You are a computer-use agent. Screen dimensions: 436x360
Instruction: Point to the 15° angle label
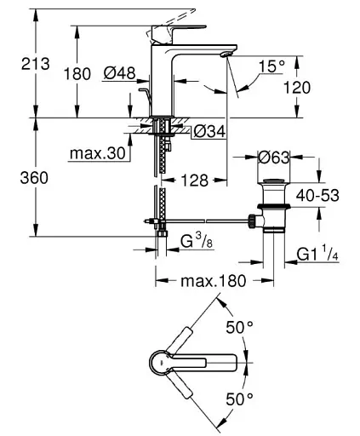271,66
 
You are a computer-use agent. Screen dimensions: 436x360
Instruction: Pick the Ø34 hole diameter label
209,131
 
